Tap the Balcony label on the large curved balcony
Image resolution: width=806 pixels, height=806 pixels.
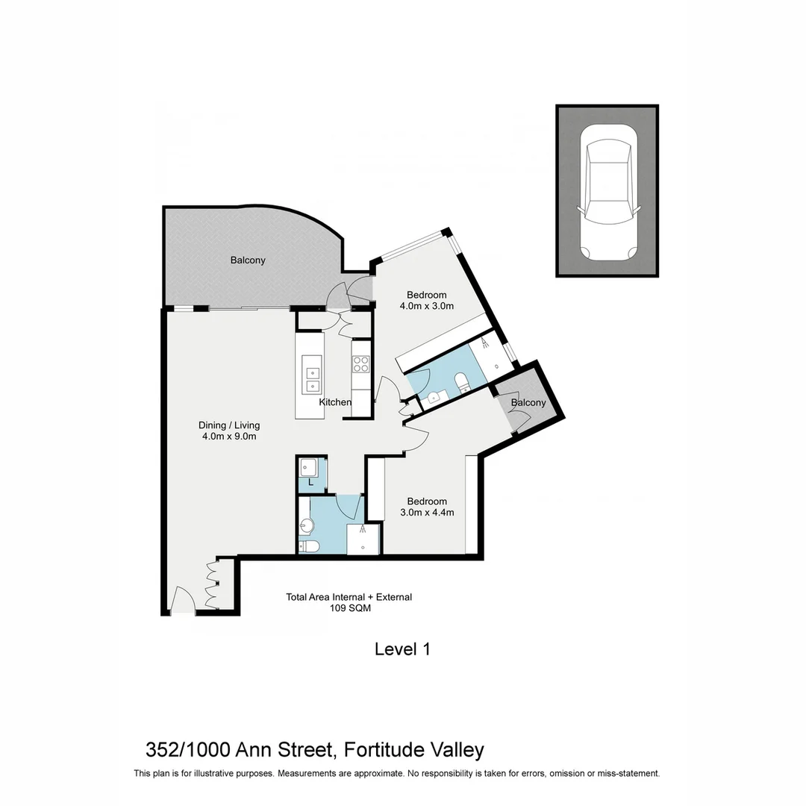tap(248, 260)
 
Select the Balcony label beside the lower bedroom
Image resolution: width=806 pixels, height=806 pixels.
tap(528, 403)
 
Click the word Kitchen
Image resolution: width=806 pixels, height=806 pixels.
tap(335, 402)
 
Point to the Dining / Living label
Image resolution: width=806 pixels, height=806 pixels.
tap(231, 425)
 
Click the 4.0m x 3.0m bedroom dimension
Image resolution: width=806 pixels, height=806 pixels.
tap(426, 306)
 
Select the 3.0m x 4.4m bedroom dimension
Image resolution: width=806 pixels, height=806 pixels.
tap(427, 513)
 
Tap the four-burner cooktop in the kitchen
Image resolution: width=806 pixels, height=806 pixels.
tap(361, 365)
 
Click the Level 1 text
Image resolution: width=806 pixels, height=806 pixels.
tap(402, 649)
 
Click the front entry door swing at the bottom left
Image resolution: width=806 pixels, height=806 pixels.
tap(183, 600)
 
